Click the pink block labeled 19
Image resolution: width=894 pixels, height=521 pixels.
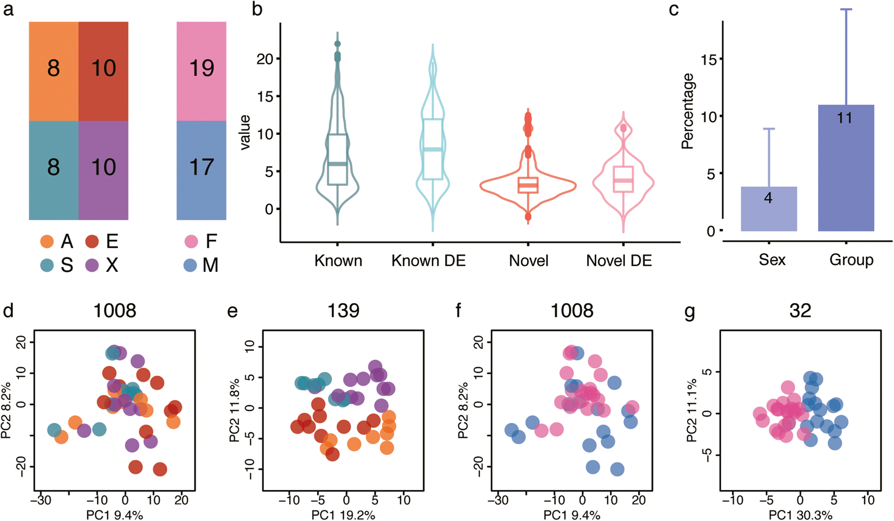(x=201, y=71)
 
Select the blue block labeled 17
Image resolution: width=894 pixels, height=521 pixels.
(x=201, y=170)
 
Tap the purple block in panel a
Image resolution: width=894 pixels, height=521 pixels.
(x=103, y=170)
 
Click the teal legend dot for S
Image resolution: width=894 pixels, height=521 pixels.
(x=47, y=265)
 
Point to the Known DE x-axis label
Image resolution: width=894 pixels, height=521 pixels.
(x=428, y=261)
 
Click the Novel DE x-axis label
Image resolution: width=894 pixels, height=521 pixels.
(x=619, y=261)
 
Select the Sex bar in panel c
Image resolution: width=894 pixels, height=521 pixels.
(x=769, y=209)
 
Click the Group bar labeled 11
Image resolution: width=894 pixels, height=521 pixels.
(x=846, y=168)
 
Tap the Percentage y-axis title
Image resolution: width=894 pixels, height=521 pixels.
(x=688, y=112)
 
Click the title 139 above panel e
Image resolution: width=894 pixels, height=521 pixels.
(x=343, y=311)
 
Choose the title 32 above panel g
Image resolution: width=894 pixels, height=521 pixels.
(x=800, y=311)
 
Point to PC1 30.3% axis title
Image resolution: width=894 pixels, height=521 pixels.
(x=801, y=515)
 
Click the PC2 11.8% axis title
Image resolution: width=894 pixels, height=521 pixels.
(x=235, y=410)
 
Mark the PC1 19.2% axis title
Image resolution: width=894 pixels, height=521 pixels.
(x=343, y=515)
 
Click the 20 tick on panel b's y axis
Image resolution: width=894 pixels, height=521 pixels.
(x=265, y=59)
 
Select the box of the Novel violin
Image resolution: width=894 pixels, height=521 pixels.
(x=528, y=185)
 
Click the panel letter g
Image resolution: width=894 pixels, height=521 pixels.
(x=690, y=312)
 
